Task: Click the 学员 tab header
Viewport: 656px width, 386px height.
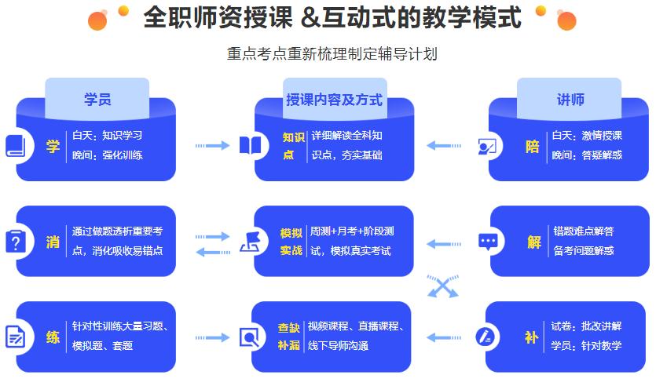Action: (97, 100)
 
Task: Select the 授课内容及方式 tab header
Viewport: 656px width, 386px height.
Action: (334, 100)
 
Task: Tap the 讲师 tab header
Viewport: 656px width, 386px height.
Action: (570, 100)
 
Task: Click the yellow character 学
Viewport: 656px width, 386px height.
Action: (53, 145)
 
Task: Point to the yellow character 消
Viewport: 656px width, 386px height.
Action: (53, 242)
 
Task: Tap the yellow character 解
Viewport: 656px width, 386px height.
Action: (534, 242)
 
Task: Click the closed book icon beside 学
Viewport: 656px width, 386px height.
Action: (16, 146)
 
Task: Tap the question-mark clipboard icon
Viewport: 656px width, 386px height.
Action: (16, 242)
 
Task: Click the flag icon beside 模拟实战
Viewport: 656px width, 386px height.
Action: (251, 242)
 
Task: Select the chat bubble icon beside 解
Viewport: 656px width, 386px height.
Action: (489, 241)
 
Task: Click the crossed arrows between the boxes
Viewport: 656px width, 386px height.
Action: (442, 287)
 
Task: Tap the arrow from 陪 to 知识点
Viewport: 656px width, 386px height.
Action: (444, 145)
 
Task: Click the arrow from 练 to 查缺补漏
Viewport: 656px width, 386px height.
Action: (212, 337)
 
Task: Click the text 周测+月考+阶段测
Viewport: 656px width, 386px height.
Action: (352, 232)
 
